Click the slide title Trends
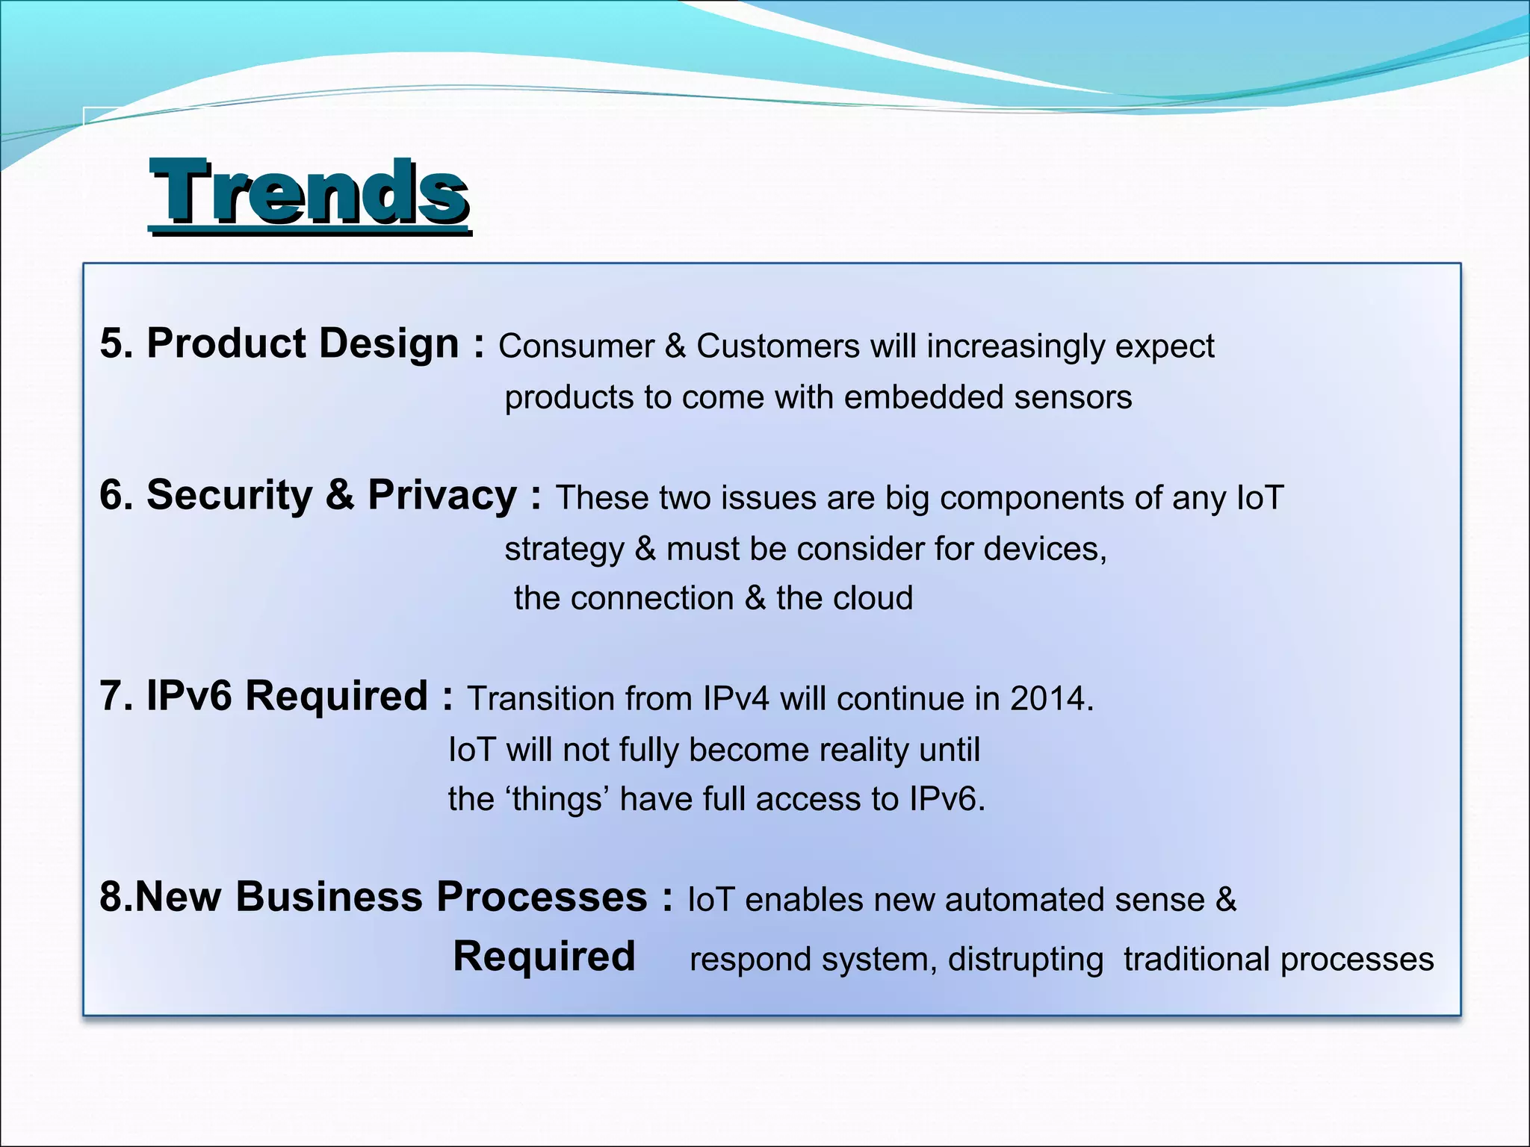pyautogui.click(x=309, y=193)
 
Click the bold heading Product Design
pyautogui.click(x=302, y=344)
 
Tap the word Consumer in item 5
pyautogui.click(x=576, y=347)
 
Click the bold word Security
pyautogui.click(x=229, y=496)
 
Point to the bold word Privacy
pyautogui.click(x=442, y=496)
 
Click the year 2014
pyautogui.click(x=1047, y=700)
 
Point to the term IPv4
pyautogui.click(x=735, y=700)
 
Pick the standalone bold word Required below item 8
pyautogui.click(x=544, y=957)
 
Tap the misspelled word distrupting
pyautogui.click(x=1025, y=960)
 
